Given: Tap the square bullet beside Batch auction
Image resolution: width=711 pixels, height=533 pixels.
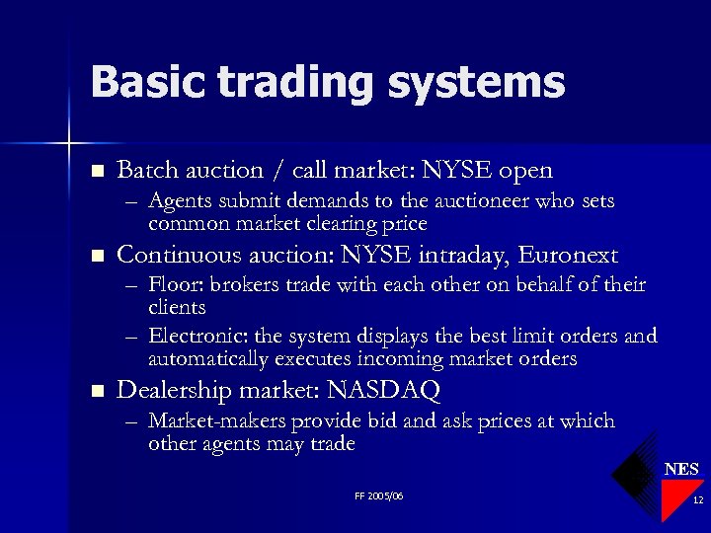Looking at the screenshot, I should coord(96,171).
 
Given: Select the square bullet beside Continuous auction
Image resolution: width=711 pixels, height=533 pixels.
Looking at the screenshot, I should coord(96,257).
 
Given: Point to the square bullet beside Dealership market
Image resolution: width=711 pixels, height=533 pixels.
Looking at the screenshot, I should coord(96,392).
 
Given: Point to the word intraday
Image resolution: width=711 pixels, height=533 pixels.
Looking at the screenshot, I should coord(456,256).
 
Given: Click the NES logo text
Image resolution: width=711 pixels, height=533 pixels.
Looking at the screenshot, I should coord(681,469).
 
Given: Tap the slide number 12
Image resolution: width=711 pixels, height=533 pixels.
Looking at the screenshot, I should coord(697,501).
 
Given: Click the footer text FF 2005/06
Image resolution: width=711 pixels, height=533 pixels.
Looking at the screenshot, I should coord(378,495).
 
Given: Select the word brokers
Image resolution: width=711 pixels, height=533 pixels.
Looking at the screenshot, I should coord(245,285).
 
